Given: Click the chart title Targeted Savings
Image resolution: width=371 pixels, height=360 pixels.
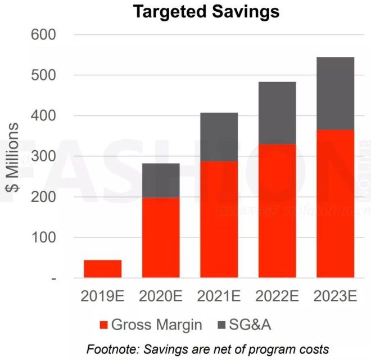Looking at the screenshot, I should (206, 11).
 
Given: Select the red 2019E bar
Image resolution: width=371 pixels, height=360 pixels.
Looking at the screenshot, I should (102, 269).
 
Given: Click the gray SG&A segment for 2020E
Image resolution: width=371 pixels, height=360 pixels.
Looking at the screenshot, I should (161, 180).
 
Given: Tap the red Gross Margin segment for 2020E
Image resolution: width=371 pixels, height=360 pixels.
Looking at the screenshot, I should (161, 237).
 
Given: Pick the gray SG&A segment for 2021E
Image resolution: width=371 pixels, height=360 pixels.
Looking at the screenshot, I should (219, 137).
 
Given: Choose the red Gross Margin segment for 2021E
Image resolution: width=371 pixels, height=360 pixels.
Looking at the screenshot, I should (219, 219).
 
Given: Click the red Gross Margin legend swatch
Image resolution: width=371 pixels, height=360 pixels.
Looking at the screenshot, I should (103, 325).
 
